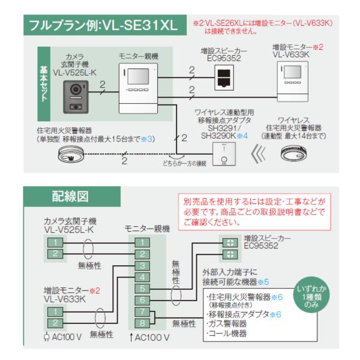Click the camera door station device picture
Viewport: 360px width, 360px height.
[x=76, y=97]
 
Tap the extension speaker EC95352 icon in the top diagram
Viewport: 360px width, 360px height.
[x=224, y=77]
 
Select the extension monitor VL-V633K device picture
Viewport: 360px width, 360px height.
[x=293, y=81]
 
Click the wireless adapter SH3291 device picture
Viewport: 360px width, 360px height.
[x=224, y=154]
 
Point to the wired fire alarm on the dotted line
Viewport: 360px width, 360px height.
[x=71, y=154]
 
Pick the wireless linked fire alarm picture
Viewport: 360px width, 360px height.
[x=293, y=153]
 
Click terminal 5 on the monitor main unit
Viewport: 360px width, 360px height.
[x=142, y=289]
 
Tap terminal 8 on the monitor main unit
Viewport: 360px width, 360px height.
[x=142, y=323]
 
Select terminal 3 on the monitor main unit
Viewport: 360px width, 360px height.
[x=142, y=266]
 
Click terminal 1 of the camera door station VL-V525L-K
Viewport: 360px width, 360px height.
[x=55, y=242]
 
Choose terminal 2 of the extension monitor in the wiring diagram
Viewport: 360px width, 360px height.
[x=55, y=323]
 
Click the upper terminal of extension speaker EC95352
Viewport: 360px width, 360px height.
[x=230, y=242]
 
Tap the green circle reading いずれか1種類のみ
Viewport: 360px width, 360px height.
[x=311, y=296]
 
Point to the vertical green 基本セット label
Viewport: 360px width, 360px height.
[x=44, y=84]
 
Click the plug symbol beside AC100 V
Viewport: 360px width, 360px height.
[x=47, y=337]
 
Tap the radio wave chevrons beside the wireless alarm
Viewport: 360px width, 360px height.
[x=258, y=154]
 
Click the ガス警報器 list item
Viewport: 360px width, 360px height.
[x=227, y=324]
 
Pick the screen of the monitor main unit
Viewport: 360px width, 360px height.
[x=139, y=76]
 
